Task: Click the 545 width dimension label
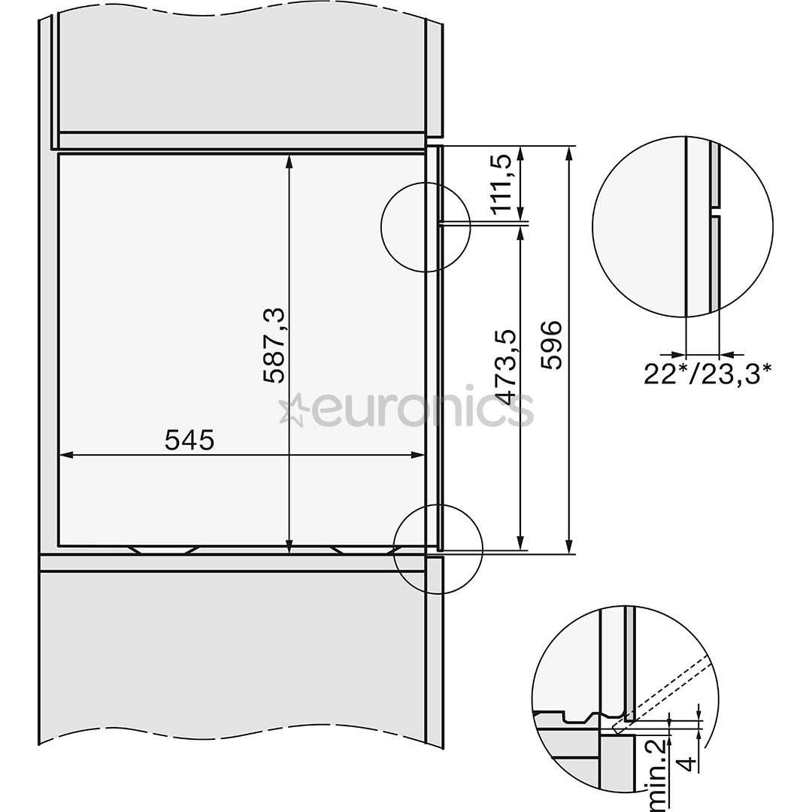[x=189, y=441]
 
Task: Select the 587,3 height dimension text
[x=274, y=345]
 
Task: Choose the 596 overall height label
[x=550, y=344]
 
